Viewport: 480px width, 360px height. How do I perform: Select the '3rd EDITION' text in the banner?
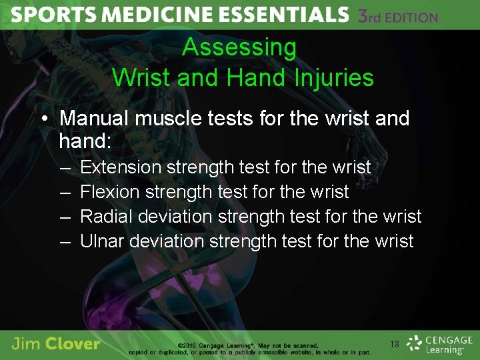pos(398,16)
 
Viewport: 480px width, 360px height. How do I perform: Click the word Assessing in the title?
pos(239,47)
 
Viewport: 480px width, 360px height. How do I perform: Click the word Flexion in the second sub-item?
pos(109,192)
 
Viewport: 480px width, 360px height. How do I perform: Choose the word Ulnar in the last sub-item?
pos(102,241)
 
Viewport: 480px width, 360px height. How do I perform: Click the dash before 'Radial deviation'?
pos(65,217)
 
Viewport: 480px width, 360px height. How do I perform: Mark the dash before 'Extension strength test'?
pos(65,167)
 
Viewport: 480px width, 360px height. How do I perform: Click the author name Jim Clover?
pos(56,345)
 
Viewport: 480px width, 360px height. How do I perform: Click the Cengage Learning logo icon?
pos(415,343)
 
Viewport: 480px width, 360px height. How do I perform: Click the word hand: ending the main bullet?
pos(84,141)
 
